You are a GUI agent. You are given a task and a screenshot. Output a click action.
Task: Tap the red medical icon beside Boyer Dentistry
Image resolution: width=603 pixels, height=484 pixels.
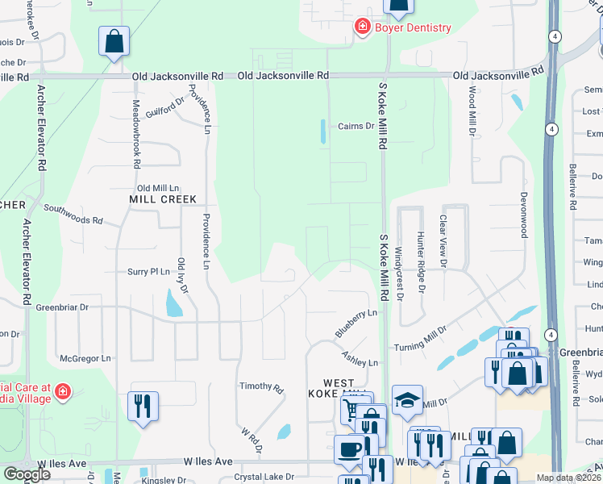[x=363, y=27]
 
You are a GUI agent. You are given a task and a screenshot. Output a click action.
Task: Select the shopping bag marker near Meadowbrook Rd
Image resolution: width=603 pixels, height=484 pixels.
[x=114, y=41]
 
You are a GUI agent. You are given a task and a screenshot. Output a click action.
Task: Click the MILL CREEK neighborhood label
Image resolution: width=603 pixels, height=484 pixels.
[x=163, y=198]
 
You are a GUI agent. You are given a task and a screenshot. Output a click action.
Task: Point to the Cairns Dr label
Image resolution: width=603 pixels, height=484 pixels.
[x=356, y=126]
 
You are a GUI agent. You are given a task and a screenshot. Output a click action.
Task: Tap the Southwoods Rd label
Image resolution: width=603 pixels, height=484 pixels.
[x=73, y=214]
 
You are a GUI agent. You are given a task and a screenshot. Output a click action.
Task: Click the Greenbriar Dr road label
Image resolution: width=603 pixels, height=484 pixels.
[x=61, y=307]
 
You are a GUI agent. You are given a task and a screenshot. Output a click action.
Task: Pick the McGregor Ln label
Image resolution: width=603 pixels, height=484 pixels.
[x=85, y=358]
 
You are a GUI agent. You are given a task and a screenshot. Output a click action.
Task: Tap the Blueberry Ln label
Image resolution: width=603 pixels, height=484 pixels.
[x=356, y=323]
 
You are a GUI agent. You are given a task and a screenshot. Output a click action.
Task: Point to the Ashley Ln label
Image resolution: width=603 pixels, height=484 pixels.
[x=360, y=363]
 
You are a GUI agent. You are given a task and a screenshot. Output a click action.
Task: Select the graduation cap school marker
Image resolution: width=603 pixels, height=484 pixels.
[x=407, y=400]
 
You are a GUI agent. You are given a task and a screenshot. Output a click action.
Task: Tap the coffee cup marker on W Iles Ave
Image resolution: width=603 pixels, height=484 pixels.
[x=349, y=449]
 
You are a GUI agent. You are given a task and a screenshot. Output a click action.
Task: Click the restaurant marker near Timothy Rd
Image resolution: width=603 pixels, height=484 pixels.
[x=142, y=406]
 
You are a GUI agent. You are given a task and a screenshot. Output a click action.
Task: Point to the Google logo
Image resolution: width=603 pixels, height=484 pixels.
[x=26, y=474]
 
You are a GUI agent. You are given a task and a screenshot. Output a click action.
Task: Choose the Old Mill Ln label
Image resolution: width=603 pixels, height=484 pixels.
[x=157, y=186]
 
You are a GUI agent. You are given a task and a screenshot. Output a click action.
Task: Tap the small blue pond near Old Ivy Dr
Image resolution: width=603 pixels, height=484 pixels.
[x=173, y=303]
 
